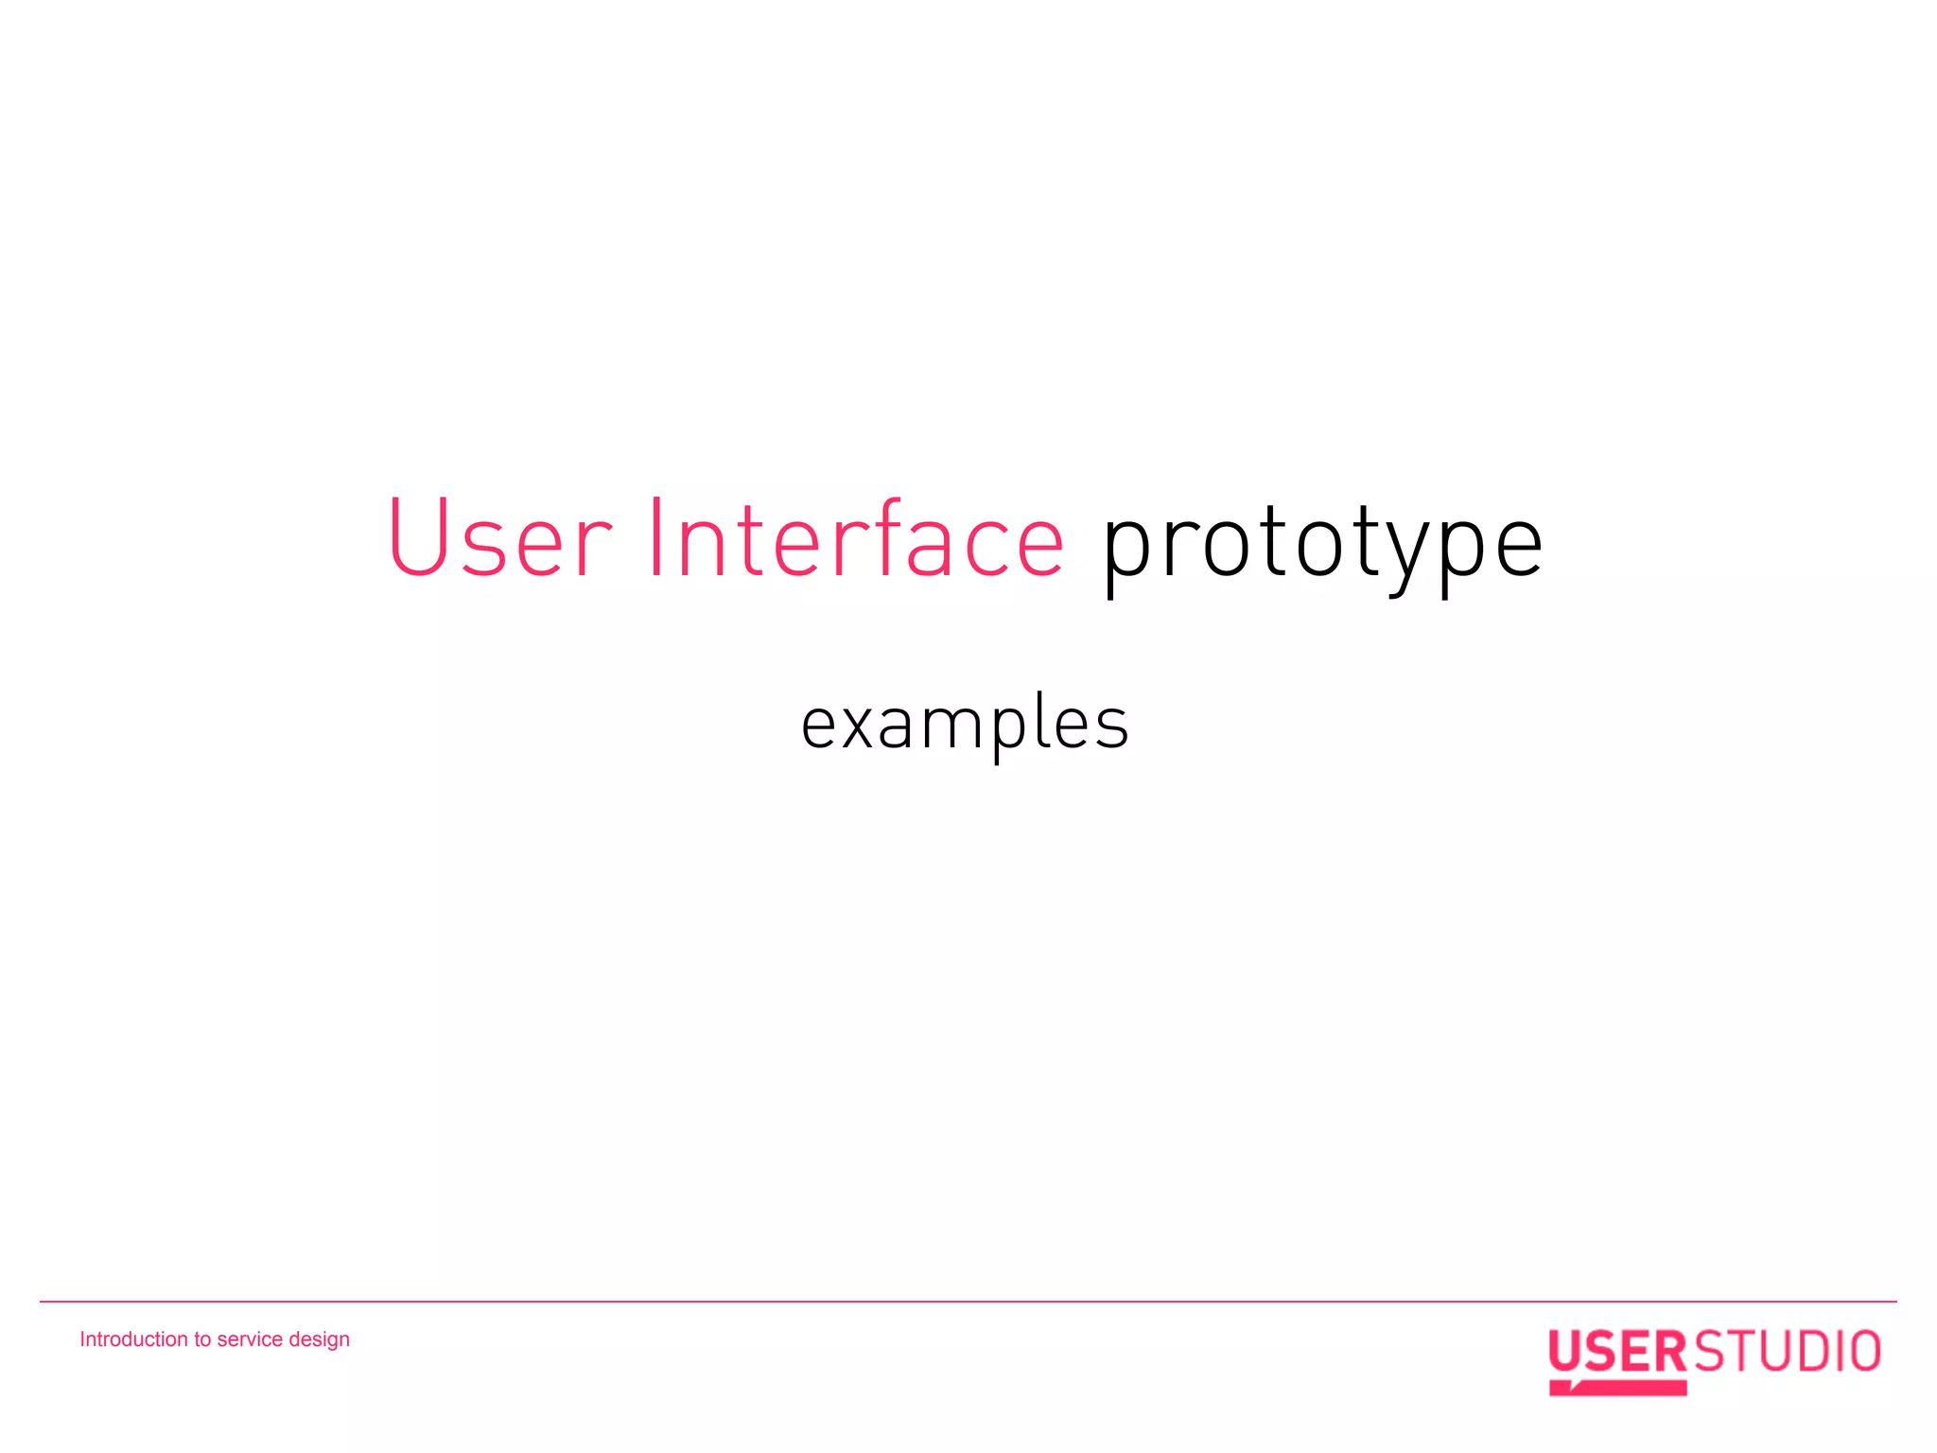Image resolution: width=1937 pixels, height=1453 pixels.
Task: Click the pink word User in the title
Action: click(x=499, y=539)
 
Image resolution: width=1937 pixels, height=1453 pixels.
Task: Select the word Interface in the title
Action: click(x=856, y=539)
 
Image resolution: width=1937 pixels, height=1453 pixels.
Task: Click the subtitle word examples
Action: click(x=965, y=725)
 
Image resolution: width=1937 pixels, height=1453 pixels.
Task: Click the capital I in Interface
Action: click(x=656, y=537)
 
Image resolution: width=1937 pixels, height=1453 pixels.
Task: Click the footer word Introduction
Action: click(x=133, y=1339)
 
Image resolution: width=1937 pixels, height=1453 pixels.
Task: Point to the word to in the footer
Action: click(x=202, y=1339)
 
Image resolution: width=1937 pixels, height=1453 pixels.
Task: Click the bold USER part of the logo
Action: click(x=1617, y=1351)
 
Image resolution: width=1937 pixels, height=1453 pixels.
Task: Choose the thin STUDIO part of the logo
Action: click(x=1786, y=1351)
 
